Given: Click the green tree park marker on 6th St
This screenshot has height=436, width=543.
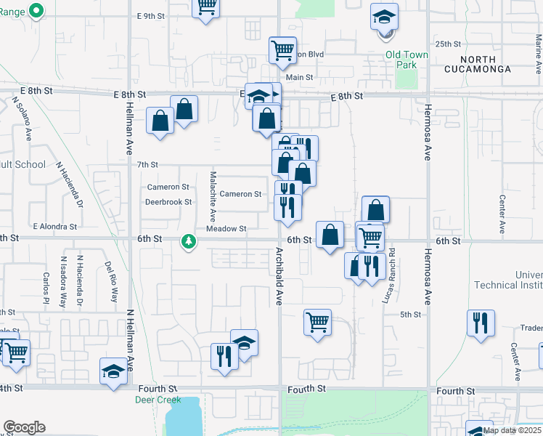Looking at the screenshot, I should [x=189, y=240].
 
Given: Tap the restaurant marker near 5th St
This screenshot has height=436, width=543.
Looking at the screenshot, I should [x=481, y=323].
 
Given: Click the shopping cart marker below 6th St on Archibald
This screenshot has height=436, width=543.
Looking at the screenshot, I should [x=317, y=322].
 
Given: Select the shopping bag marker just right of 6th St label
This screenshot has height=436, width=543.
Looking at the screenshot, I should [x=330, y=235].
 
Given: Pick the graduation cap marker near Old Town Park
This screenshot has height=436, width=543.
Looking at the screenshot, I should [x=384, y=17].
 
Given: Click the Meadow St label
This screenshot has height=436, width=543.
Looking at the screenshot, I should [x=226, y=229].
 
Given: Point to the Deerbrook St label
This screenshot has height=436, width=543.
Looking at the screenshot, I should [x=168, y=202].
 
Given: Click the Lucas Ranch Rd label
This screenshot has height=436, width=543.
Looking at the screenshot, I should [x=391, y=267].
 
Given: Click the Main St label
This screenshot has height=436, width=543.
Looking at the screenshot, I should [x=299, y=77].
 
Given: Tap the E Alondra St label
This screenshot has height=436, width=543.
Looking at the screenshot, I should [x=54, y=227].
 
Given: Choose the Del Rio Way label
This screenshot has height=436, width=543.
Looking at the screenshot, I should [x=114, y=282].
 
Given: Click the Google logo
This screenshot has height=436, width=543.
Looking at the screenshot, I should [x=24, y=427].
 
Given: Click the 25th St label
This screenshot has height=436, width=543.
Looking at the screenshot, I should [x=449, y=44].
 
